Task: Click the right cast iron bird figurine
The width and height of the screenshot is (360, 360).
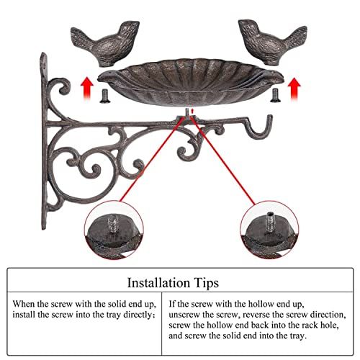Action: point(272,43)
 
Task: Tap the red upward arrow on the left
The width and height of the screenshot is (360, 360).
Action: point(87,88)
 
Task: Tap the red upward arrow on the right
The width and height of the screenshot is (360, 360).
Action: point(294,89)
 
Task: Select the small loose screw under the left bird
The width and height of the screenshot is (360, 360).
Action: point(104,96)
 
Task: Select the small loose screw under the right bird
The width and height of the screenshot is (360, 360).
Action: point(274,95)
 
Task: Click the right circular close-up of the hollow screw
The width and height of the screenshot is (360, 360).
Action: point(270,230)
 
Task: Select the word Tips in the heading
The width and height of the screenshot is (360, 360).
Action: point(207,283)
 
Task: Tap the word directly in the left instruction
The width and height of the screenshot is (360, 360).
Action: point(138,315)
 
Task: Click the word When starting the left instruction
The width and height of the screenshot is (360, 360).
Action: point(24,304)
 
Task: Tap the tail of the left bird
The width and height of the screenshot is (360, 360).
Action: point(81,36)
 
